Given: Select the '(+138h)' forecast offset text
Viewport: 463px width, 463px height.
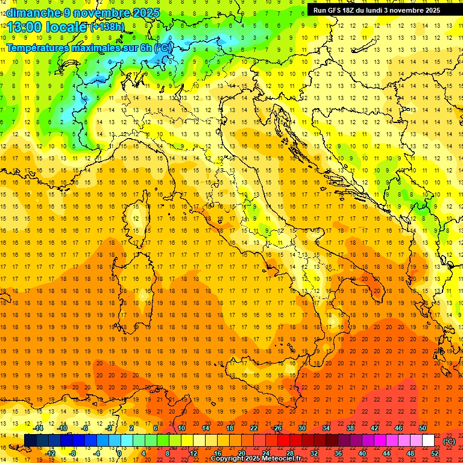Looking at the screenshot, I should (x=107, y=27).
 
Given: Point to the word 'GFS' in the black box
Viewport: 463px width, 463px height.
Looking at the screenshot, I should (x=335, y=10).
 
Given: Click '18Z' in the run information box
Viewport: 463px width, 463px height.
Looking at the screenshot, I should (x=351, y=10).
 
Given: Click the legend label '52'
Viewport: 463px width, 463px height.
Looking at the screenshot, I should (x=435, y=453).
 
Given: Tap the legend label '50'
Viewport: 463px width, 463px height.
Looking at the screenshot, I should (x=423, y=427).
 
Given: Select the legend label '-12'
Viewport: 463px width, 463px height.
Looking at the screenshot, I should (x=51, y=453).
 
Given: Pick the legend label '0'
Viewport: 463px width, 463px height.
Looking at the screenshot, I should (x=119, y=453).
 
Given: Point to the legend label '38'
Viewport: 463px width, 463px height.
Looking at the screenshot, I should (x=350, y=427).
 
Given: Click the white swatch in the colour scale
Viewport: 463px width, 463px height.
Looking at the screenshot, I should (x=429, y=441).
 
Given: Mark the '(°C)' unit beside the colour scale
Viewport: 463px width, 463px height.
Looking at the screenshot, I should (x=449, y=441).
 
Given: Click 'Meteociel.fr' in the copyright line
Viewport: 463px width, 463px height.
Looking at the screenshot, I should (x=282, y=459).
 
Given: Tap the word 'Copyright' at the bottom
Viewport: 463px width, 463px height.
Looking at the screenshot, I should (x=228, y=459).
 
